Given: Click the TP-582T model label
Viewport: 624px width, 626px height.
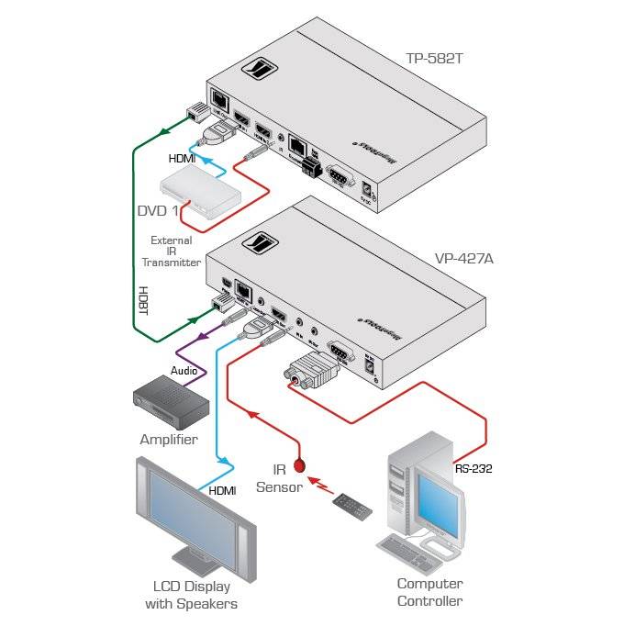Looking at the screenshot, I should (x=436, y=59).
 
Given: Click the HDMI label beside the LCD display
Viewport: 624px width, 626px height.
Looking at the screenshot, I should (x=223, y=491).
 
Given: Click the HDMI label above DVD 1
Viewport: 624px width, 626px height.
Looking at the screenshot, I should (x=182, y=158).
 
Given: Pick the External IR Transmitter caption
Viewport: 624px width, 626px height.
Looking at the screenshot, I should (x=171, y=251).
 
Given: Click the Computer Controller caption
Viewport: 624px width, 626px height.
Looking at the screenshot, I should (x=429, y=592).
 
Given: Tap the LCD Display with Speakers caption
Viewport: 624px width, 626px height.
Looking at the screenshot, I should (x=192, y=595).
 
